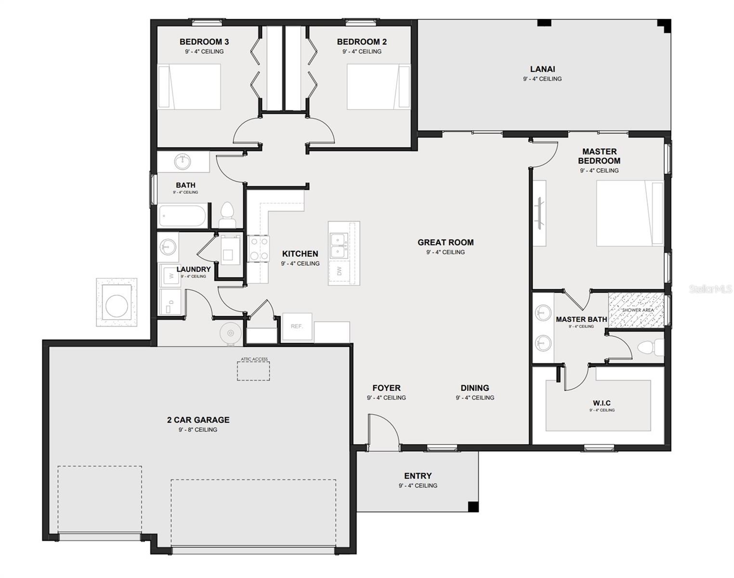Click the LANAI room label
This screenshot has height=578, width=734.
coord(542,69)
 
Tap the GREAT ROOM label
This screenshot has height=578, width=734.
coord(446,243)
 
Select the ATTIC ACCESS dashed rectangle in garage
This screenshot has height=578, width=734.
coord(253,371)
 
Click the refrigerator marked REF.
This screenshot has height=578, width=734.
coord(297,327)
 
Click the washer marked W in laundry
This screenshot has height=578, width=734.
coord(170,276)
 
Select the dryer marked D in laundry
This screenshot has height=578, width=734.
coord(170,302)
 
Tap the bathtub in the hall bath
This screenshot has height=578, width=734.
coord(183,216)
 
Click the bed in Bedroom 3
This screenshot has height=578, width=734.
coord(189,87)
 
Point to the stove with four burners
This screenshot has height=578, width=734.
coord(259,249)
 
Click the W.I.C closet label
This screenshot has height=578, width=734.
coord(602,403)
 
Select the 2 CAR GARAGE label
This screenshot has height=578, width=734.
coord(198,420)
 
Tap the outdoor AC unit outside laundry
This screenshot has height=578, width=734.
coord(116,302)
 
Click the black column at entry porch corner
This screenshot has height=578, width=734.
coord(473,506)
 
